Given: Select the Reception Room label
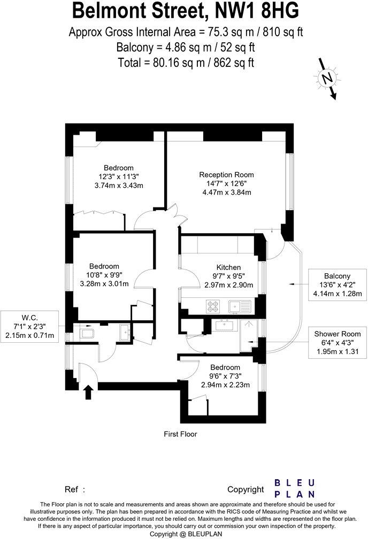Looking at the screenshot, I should (x=226, y=175).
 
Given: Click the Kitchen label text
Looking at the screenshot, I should (x=228, y=267).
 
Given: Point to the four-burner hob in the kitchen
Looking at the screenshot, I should (x=212, y=306).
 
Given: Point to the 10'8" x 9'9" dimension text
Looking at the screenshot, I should (x=104, y=275).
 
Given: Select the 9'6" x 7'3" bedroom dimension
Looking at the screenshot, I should (x=225, y=376).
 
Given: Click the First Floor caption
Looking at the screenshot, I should (x=180, y=434).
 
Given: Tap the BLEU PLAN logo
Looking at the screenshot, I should (x=295, y=488).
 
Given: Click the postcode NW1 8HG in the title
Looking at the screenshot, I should (x=254, y=11).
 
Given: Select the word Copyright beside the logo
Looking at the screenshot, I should (x=246, y=489).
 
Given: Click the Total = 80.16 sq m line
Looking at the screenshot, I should (x=186, y=62).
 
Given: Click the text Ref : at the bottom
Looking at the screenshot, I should (x=75, y=489).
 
